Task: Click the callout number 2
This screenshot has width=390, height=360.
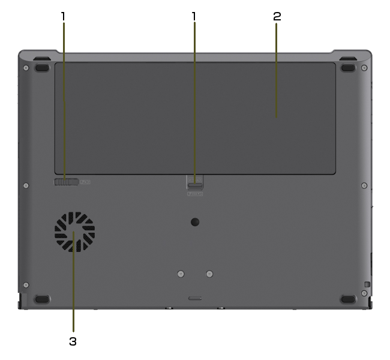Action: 277,16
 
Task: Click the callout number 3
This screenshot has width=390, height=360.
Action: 73,341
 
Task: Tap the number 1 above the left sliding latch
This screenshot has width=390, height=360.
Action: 63,16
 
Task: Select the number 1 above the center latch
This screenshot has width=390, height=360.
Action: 194,16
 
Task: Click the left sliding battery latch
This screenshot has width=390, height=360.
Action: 66,182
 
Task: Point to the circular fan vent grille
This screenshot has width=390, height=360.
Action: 74,232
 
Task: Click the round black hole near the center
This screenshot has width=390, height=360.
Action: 195,222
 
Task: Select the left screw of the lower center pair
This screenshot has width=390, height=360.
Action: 181,274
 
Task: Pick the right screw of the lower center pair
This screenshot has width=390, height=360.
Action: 209,274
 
